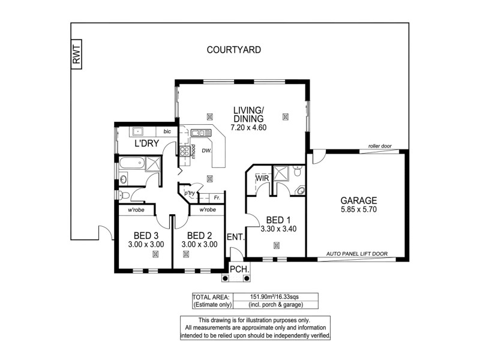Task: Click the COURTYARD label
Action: point(233,50)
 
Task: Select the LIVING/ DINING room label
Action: point(248,114)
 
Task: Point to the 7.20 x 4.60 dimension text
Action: point(248,127)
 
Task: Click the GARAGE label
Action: point(358,200)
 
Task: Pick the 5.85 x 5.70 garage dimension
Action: point(358,210)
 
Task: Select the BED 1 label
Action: point(278,219)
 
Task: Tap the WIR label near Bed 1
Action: point(262,178)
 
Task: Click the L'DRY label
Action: point(146,144)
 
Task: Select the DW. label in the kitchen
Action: point(206,151)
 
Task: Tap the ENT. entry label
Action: point(235,237)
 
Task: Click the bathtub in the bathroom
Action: point(131,163)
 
